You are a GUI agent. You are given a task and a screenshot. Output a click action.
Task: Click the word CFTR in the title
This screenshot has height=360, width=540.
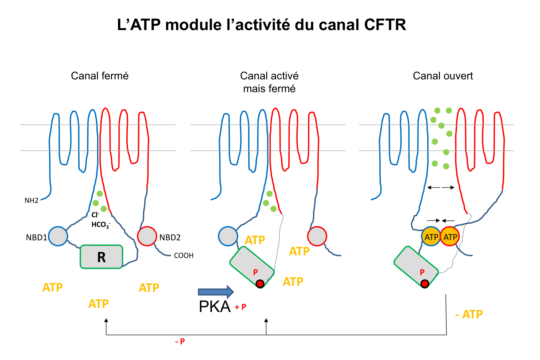[x=385, y=25]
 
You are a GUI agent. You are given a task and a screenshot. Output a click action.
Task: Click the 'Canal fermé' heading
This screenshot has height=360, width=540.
[x=99, y=76]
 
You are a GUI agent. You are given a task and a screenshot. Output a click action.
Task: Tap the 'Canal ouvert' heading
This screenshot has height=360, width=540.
[x=443, y=76]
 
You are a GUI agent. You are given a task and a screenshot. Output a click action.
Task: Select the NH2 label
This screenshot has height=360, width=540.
[x=31, y=201]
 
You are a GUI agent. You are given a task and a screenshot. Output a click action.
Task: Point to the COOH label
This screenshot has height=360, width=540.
[x=184, y=256]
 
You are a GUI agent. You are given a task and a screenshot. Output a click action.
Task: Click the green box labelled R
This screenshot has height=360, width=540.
[x=101, y=257]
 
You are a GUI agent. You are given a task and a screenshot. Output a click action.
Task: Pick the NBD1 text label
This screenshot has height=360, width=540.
[x=36, y=237]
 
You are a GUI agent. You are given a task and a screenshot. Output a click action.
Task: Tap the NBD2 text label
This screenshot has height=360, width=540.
[x=170, y=237]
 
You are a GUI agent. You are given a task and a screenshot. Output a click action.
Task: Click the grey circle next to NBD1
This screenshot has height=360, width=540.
[x=58, y=236]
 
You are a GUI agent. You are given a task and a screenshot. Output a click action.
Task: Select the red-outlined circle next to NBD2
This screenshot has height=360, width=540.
[x=147, y=236]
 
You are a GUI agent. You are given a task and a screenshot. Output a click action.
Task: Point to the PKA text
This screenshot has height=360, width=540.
[x=215, y=307]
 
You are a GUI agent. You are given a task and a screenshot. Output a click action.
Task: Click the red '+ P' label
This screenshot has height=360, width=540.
[x=241, y=307]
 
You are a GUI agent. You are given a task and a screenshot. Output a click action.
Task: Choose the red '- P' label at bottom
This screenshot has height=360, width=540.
[x=180, y=341]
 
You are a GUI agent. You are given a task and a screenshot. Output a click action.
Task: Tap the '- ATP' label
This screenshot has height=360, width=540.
[x=469, y=315]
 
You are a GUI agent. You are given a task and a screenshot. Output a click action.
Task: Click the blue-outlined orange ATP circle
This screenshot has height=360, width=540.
[x=431, y=237]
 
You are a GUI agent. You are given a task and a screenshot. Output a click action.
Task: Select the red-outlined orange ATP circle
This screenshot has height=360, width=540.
[x=450, y=237]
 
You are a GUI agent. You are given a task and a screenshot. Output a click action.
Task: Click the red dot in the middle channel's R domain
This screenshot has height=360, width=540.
[x=260, y=284]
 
